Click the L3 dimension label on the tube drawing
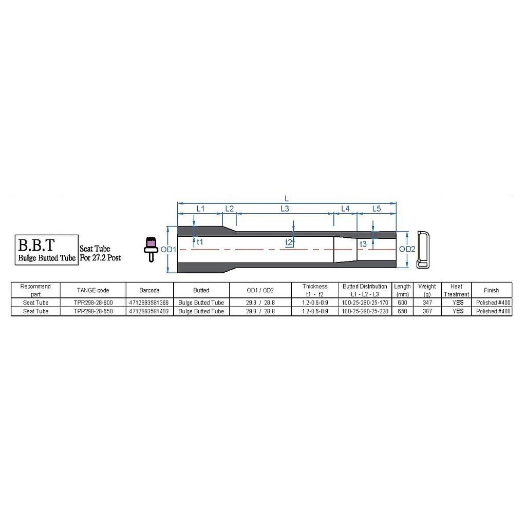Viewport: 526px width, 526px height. click(285, 209)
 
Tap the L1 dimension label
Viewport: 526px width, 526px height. click(200, 209)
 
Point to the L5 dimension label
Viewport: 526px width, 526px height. click(377, 209)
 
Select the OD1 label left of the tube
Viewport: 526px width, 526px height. click(168, 250)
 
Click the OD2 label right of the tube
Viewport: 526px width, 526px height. click(407, 249)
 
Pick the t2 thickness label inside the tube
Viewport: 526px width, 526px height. click(289, 242)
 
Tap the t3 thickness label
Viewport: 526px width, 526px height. click(363, 244)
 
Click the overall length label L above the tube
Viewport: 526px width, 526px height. click(287, 199)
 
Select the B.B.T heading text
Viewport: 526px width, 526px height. click(36, 245)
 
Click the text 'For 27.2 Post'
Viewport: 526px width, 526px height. click(100, 258)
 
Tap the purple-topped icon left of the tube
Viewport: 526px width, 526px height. click(151, 249)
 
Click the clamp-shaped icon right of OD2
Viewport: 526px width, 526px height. click(423, 249)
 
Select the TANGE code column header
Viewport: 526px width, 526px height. click(93, 290)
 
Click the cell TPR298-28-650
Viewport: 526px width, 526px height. click(93, 311)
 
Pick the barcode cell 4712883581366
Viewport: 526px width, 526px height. click(149, 303)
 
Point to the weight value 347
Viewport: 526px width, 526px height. click(427, 303)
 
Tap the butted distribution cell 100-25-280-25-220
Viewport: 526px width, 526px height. click(365, 311)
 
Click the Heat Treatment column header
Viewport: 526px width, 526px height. click(456, 290)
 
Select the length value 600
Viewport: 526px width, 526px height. click(402, 303)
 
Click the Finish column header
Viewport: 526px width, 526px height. click(492, 290)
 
